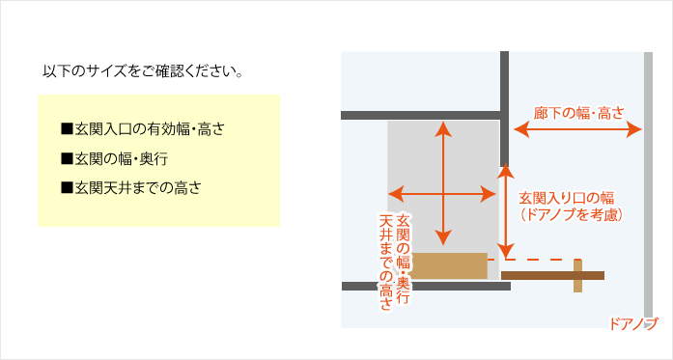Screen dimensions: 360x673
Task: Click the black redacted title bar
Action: [x=142, y=70]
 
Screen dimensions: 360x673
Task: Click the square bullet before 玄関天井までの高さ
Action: [x=67, y=187]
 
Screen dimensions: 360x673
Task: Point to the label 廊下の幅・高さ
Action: [x=578, y=112]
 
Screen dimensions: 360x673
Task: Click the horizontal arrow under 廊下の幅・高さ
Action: [x=578, y=127]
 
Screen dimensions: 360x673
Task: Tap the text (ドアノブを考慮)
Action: [x=570, y=216]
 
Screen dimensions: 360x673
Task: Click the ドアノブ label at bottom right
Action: [x=633, y=322]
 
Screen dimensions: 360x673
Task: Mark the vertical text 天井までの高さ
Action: [x=386, y=261]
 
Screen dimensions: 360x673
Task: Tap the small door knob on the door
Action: [x=577, y=276]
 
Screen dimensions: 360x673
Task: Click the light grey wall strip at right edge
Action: [x=648, y=183]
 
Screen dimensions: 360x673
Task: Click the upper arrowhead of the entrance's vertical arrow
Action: [x=443, y=127]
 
